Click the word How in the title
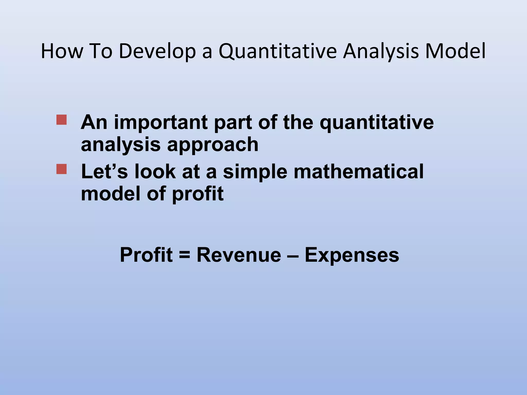pos(62,51)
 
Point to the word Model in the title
pos(455,51)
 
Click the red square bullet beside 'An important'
pos(62,120)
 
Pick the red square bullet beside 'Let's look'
pos(62,169)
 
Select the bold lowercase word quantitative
pos(376,122)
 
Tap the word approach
pos(213,145)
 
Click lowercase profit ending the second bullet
pos(198,194)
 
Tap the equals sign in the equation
pos(185,255)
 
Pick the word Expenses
pos(352,255)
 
